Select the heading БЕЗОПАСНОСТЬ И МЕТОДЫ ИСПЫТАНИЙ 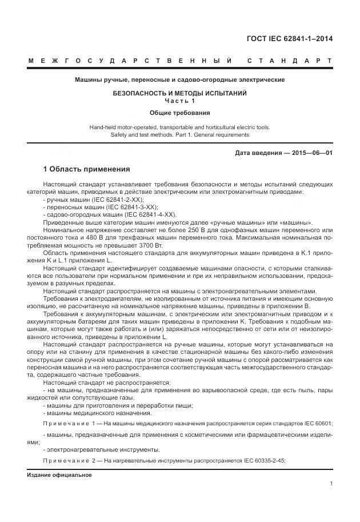coord(179,93)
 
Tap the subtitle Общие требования coord(179,113)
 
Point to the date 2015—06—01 coord(312,153)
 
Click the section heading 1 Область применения coord(87,170)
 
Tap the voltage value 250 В coord(190,229)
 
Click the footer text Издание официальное coord(59,475)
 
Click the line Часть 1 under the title coord(179,101)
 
